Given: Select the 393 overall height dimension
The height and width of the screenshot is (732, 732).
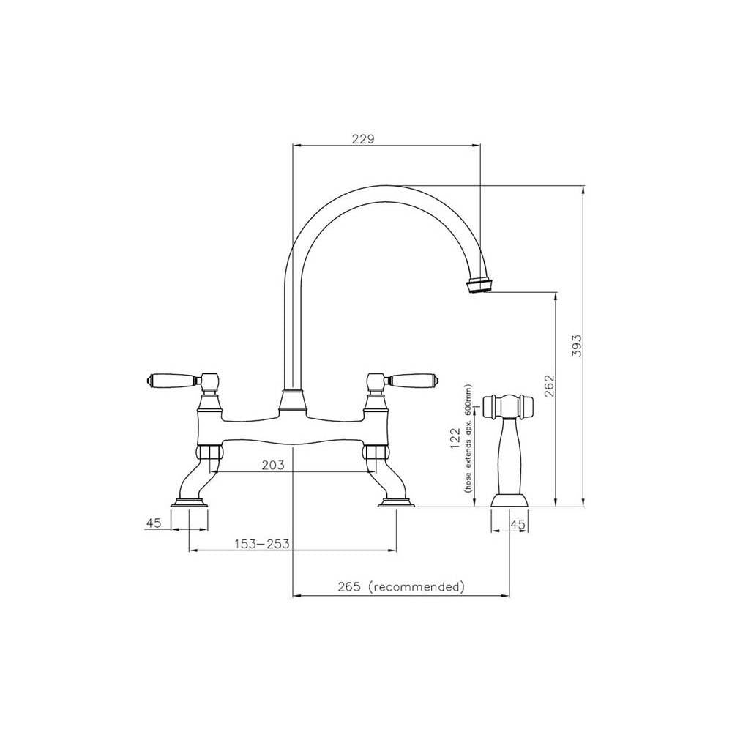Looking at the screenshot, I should [x=576, y=346].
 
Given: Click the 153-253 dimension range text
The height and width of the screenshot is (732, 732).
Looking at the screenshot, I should [x=261, y=543].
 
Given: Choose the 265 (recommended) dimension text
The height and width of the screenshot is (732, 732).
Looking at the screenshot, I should [x=402, y=587].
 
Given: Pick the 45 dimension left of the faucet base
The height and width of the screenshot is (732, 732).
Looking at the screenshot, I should [x=153, y=523].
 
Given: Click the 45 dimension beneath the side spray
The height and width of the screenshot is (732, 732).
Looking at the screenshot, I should [x=518, y=523].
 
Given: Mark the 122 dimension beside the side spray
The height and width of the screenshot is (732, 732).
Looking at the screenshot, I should [x=455, y=438].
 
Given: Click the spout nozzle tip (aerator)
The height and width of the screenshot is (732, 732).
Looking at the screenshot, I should [x=480, y=285].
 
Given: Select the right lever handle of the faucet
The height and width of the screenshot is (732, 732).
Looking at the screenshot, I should [x=412, y=380].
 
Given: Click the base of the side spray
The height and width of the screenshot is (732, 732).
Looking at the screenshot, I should [x=510, y=500].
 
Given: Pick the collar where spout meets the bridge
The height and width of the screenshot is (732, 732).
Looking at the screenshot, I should [x=292, y=400].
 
